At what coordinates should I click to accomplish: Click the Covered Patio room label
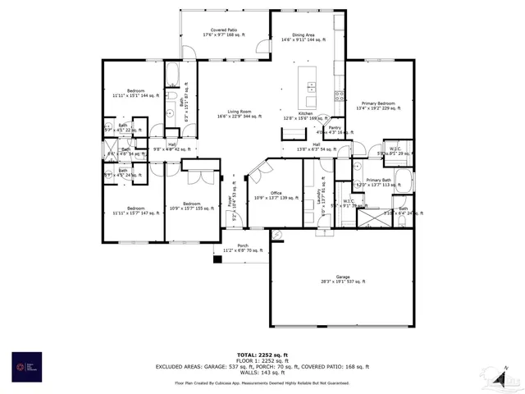[223, 31]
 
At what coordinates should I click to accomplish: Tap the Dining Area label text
[304, 36]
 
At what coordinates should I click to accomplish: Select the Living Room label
[240, 114]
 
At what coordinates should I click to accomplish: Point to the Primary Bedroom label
[375, 104]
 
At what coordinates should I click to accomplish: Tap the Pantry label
[335, 130]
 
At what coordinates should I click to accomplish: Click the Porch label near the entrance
[243, 247]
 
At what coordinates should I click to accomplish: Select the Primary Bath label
[378, 181]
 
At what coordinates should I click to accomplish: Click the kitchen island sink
[310, 85]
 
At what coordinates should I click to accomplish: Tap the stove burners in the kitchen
[338, 96]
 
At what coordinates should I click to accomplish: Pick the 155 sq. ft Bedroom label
[192, 206]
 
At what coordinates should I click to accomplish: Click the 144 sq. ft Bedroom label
[135, 93]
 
